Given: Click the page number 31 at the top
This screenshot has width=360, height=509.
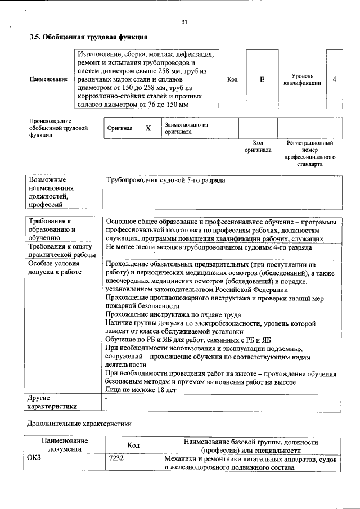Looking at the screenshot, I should pos(184,22).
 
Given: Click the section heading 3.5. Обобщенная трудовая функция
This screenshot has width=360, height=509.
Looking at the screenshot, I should pos(88,37).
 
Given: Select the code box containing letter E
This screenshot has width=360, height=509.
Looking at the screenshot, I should pos(262,80).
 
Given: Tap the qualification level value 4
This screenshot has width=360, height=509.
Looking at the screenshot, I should pos(334,79).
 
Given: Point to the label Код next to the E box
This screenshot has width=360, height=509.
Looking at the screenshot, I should pos(232,80).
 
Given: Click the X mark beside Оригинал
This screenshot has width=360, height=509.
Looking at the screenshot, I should pos(148,128).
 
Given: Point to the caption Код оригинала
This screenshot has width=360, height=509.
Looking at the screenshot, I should pos(258,147).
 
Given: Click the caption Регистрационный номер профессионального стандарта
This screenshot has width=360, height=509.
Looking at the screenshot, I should pos(310,154).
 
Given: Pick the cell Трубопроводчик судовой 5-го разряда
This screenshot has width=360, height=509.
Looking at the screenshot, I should pos(166,181).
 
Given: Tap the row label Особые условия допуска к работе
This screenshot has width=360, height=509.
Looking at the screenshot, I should pos(55,268).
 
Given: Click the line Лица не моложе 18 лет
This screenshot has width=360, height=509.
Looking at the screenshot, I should pos(141,390).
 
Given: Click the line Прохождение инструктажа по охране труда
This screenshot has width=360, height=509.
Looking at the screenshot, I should pos(173,314).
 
